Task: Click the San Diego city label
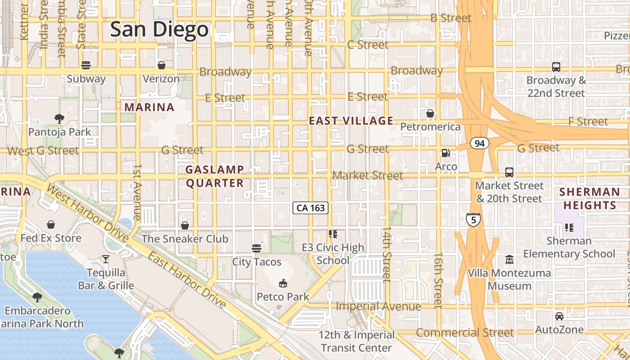(x=159, y=29)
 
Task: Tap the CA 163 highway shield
(x=310, y=208)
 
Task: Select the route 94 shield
(x=479, y=144)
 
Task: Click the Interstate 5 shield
(x=473, y=220)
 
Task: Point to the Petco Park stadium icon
(x=283, y=283)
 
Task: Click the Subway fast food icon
(x=86, y=65)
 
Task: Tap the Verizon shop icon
(x=161, y=65)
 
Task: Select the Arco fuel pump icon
(x=445, y=153)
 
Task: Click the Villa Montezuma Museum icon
(x=509, y=259)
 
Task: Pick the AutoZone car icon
(x=559, y=316)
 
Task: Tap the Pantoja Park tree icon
(x=59, y=119)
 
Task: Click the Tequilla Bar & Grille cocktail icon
(x=105, y=259)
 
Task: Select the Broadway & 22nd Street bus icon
(x=556, y=67)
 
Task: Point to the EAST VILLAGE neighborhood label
(x=351, y=121)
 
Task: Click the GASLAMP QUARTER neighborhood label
(x=215, y=176)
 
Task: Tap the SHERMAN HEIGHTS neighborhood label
(x=589, y=198)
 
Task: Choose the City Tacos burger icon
(x=256, y=248)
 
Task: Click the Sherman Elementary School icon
(x=569, y=227)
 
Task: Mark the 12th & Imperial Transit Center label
(x=357, y=342)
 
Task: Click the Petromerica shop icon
(x=430, y=113)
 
